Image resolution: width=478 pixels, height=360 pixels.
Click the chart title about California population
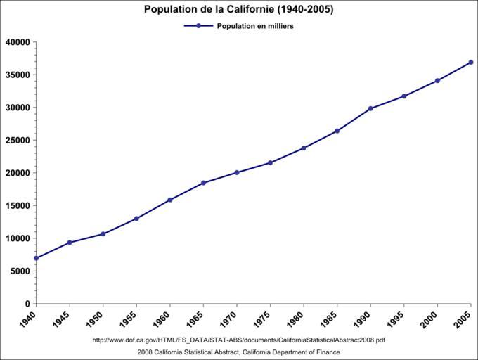239,10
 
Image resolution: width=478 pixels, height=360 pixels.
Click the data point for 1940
36,258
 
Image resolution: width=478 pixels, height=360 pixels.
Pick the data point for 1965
203,183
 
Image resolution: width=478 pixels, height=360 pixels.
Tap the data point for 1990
370,108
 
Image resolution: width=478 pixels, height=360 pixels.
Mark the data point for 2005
471,63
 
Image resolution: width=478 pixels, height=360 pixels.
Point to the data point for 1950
103,234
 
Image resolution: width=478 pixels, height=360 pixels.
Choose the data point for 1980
304,148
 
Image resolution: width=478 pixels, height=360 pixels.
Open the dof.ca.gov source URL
239,340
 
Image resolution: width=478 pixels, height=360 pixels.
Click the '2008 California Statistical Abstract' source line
239,352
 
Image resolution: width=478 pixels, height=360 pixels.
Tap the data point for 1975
270,163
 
